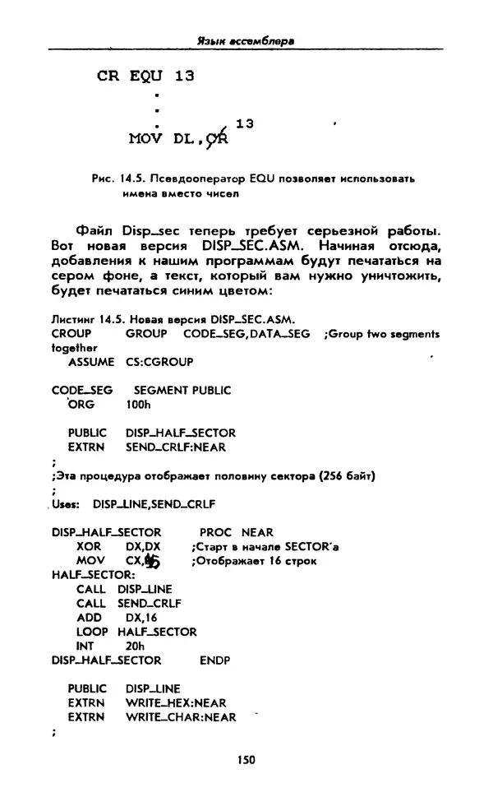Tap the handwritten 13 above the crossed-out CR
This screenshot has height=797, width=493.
tap(244, 123)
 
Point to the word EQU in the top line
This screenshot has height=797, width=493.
tap(146, 76)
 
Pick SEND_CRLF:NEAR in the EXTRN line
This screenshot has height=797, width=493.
tap(176, 447)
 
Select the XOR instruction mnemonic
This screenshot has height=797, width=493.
tap(89, 547)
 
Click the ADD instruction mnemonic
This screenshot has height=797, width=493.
tap(89, 618)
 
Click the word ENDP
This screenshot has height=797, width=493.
tap(215, 660)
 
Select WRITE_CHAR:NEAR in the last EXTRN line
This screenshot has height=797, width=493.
tap(181, 717)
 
